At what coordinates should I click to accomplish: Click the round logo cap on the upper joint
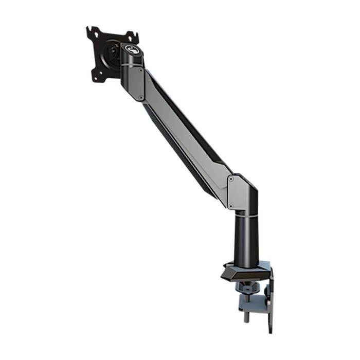point(132,50)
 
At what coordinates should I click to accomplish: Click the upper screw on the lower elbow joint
point(230,180)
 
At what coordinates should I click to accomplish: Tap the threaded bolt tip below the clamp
point(246,317)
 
